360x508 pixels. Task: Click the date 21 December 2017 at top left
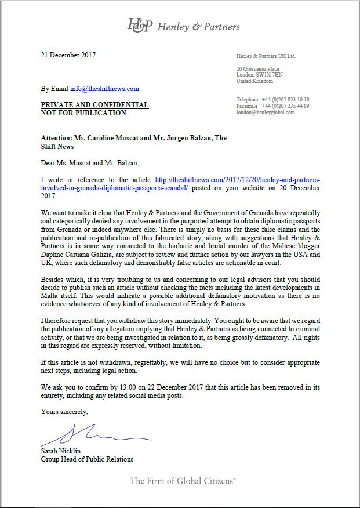pyautogui.click(x=68, y=56)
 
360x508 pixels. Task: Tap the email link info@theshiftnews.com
pyautogui.click(x=104, y=89)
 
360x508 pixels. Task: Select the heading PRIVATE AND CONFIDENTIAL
pyautogui.click(x=94, y=105)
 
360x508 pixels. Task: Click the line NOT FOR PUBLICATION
pyautogui.click(x=83, y=113)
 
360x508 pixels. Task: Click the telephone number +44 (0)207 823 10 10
pyautogui.click(x=285, y=100)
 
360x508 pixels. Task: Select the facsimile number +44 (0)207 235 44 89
pyautogui.click(x=285, y=106)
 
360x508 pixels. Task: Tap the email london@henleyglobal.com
pyautogui.click(x=266, y=113)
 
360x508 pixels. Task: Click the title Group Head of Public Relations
pyautogui.click(x=87, y=459)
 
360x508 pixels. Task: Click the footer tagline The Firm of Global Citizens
pyautogui.click(x=183, y=481)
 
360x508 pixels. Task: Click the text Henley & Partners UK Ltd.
pyautogui.click(x=266, y=56)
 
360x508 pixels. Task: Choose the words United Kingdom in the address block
pyautogui.click(x=254, y=81)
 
